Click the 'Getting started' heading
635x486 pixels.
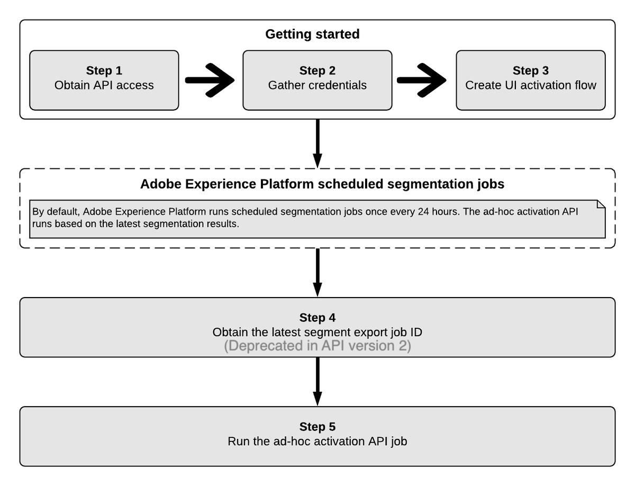tap(312, 34)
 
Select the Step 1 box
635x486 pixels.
tap(104, 80)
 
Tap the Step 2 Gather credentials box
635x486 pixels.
tap(317, 80)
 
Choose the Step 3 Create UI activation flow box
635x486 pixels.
tap(530, 80)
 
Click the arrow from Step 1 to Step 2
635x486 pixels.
tap(210, 80)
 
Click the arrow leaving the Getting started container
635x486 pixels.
tap(317, 143)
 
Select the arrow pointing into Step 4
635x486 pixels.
tap(317, 272)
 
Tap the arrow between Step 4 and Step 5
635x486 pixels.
tap(317, 381)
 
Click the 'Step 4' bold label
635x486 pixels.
tap(317, 318)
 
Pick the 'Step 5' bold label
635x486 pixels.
tap(317, 427)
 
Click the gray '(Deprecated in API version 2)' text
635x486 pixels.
tap(317, 347)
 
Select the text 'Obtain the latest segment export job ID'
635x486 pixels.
tap(317, 332)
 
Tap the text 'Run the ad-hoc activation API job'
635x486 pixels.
tap(317, 441)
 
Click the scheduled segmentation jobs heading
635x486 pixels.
tap(322, 184)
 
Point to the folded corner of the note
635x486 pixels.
tap(601, 205)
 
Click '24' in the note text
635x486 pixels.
tap(423, 212)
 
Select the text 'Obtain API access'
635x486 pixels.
tap(104, 85)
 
